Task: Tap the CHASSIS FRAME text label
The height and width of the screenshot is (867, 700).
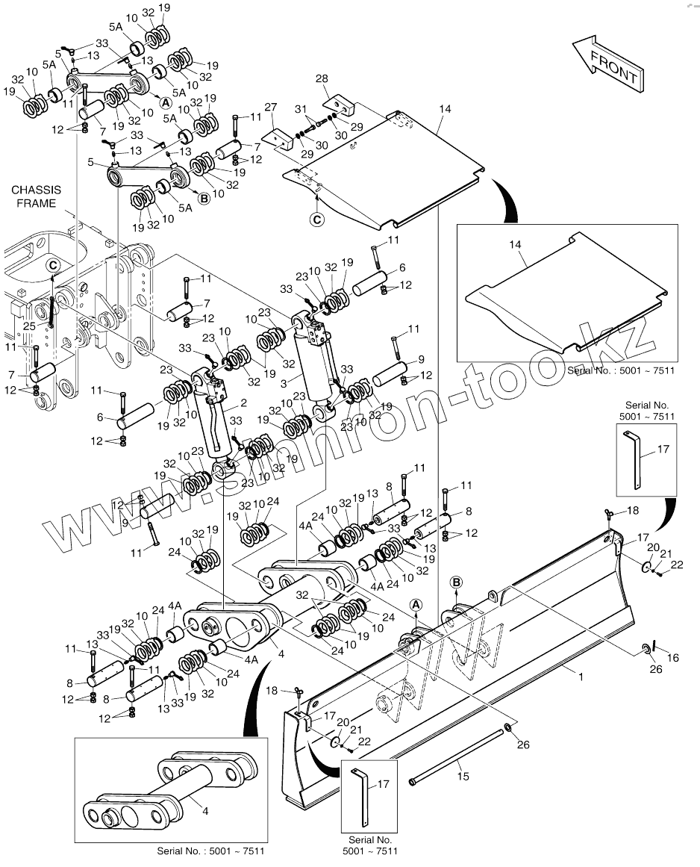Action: [37, 197]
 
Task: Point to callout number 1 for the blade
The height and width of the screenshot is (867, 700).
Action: [579, 676]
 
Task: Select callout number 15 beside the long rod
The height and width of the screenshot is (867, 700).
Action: [463, 777]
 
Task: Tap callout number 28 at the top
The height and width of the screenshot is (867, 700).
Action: [322, 79]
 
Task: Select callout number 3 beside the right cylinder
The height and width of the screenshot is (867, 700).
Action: [282, 382]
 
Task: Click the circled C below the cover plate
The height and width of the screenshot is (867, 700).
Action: [317, 220]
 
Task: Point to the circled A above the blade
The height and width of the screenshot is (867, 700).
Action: [416, 604]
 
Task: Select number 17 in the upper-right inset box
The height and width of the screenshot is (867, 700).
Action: [663, 450]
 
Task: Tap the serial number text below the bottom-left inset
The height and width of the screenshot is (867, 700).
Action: [210, 851]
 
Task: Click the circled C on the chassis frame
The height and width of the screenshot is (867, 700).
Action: [53, 265]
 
